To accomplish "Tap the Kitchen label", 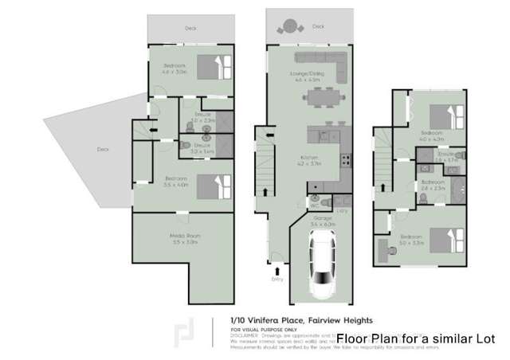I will tap(309, 157).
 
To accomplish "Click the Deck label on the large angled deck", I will tap(102, 149).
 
